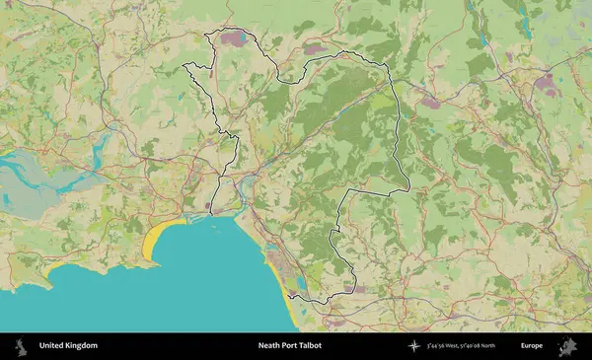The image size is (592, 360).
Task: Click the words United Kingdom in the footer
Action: click(x=68, y=346)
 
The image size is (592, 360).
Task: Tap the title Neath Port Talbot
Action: click(x=289, y=346)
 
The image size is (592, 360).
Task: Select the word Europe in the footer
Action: click(x=532, y=346)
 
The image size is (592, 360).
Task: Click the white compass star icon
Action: click(x=414, y=346)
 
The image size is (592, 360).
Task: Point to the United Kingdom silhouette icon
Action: click(x=19, y=346)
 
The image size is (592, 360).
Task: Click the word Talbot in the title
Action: click(x=310, y=346)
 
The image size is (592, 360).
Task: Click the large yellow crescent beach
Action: click(x=156, y=243)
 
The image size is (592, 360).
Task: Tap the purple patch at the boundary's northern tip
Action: click(x=235, y=39)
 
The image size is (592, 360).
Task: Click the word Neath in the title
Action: click(x=268, y=346)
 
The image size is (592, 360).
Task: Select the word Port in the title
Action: click(x=289, y=346)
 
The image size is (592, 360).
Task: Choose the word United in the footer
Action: click(x=51, y=346)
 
